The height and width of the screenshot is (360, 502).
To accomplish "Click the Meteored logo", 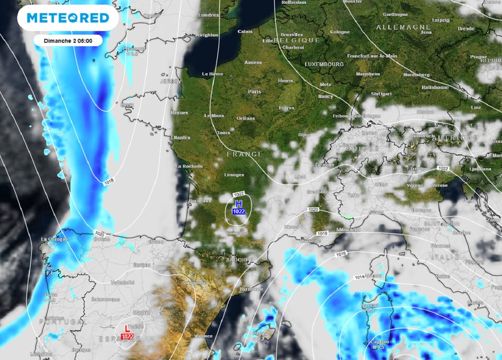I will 68,18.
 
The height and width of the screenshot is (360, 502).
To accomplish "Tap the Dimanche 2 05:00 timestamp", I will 68,40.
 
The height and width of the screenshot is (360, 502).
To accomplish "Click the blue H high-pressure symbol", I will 239,204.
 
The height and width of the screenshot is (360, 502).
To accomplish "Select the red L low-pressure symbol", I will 127,328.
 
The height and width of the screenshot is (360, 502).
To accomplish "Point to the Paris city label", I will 254,92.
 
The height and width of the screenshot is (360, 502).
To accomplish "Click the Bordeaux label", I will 200,201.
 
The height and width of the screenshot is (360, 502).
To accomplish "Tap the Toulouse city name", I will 238,233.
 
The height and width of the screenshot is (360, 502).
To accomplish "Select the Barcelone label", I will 251,289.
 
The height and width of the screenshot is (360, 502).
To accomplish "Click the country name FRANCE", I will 245,154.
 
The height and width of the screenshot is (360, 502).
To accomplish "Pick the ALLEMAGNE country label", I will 396,27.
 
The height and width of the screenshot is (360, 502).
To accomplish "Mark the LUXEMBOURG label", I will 324,64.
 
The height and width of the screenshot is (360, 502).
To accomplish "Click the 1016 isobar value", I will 342,254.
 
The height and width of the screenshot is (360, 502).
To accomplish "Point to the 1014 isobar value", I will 359,278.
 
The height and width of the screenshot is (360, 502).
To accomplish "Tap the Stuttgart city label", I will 381,93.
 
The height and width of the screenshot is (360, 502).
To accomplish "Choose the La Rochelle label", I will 189,166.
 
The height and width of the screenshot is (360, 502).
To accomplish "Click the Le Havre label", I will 213,74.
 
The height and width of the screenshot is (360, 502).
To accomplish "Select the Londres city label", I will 208,15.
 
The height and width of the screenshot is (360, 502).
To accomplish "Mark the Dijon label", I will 304,134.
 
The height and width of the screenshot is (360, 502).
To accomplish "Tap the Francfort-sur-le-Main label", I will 372,56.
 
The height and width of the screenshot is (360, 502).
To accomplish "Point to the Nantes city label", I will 181,138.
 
